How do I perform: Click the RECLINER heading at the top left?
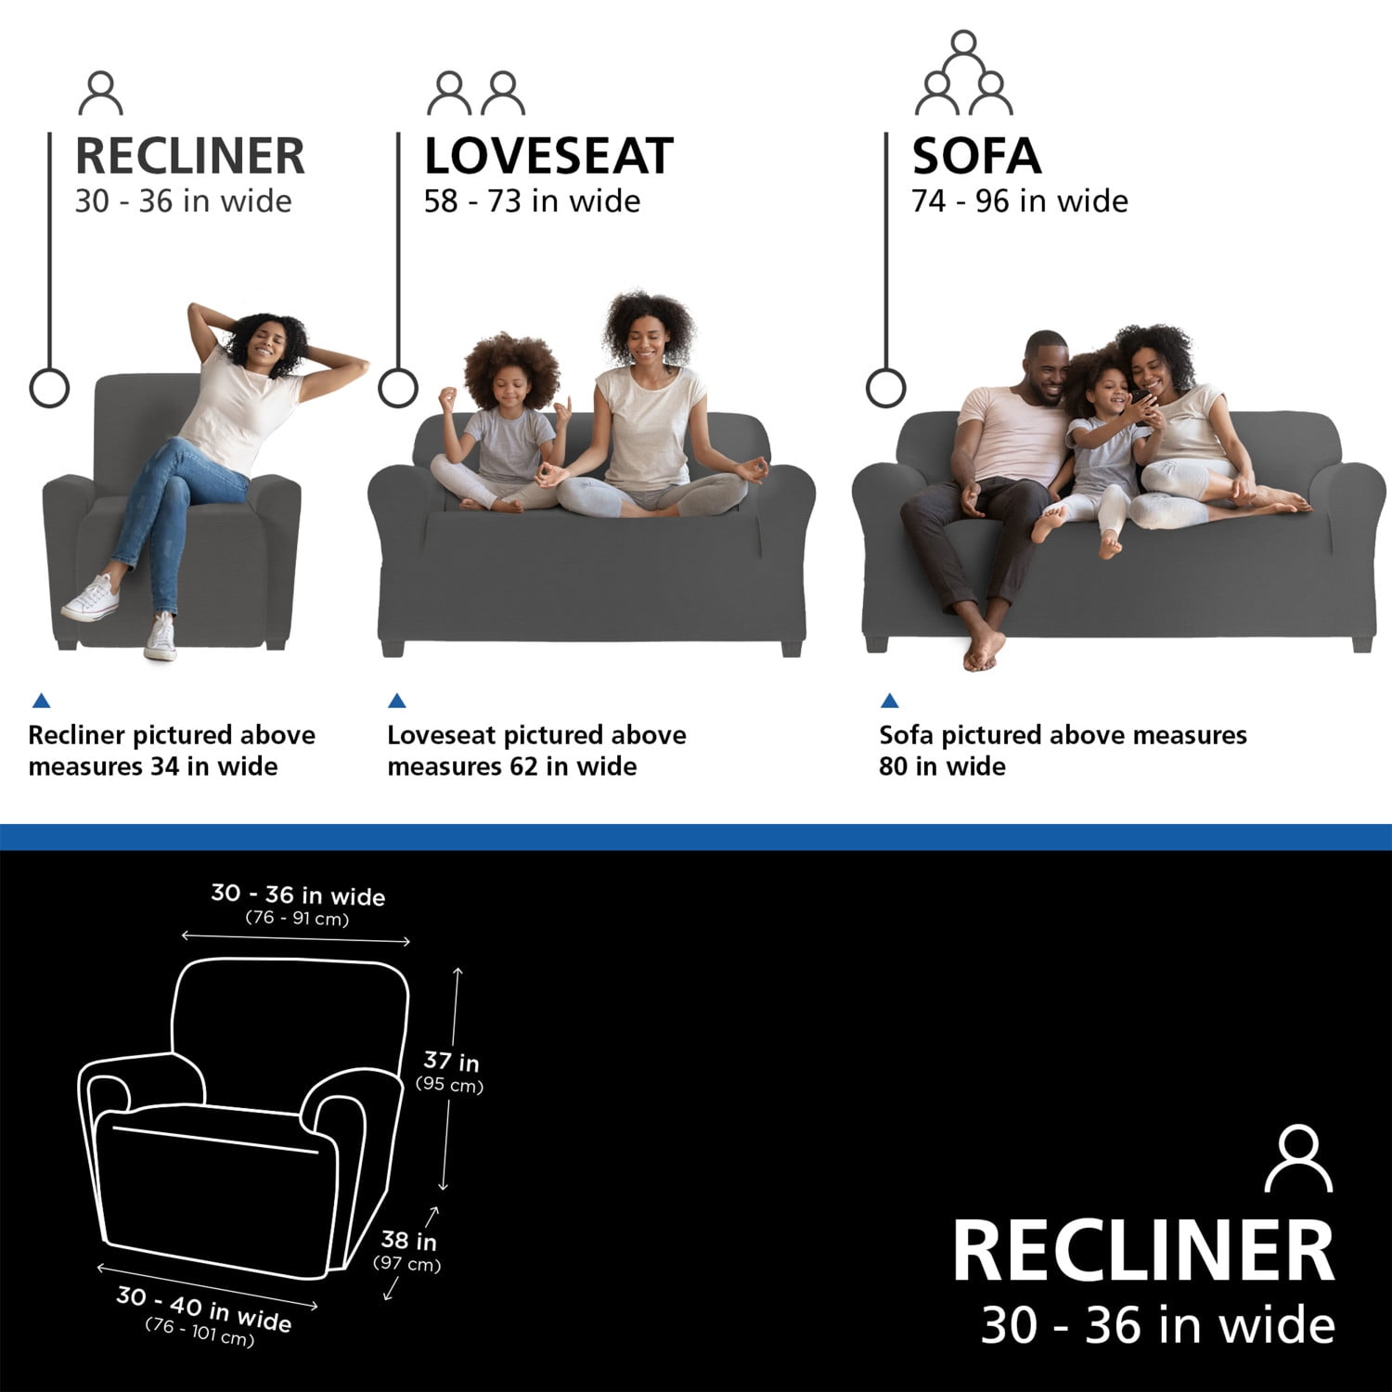189,156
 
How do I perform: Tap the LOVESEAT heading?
548,156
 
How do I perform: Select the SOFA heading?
976,156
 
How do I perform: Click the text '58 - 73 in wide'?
532,201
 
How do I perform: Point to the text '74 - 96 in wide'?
1020,201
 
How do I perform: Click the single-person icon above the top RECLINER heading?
101,93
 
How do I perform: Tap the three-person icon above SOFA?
964,72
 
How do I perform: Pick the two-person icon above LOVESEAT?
476,93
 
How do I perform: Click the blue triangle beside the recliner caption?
41,701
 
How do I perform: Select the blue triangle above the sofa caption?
889,701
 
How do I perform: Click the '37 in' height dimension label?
451,1061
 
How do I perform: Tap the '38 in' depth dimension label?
408,1240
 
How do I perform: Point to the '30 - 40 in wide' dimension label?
204,1308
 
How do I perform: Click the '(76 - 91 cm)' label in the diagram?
297,919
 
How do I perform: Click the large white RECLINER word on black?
1143,1251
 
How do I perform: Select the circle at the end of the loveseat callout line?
398,388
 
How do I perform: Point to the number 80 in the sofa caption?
894,767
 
